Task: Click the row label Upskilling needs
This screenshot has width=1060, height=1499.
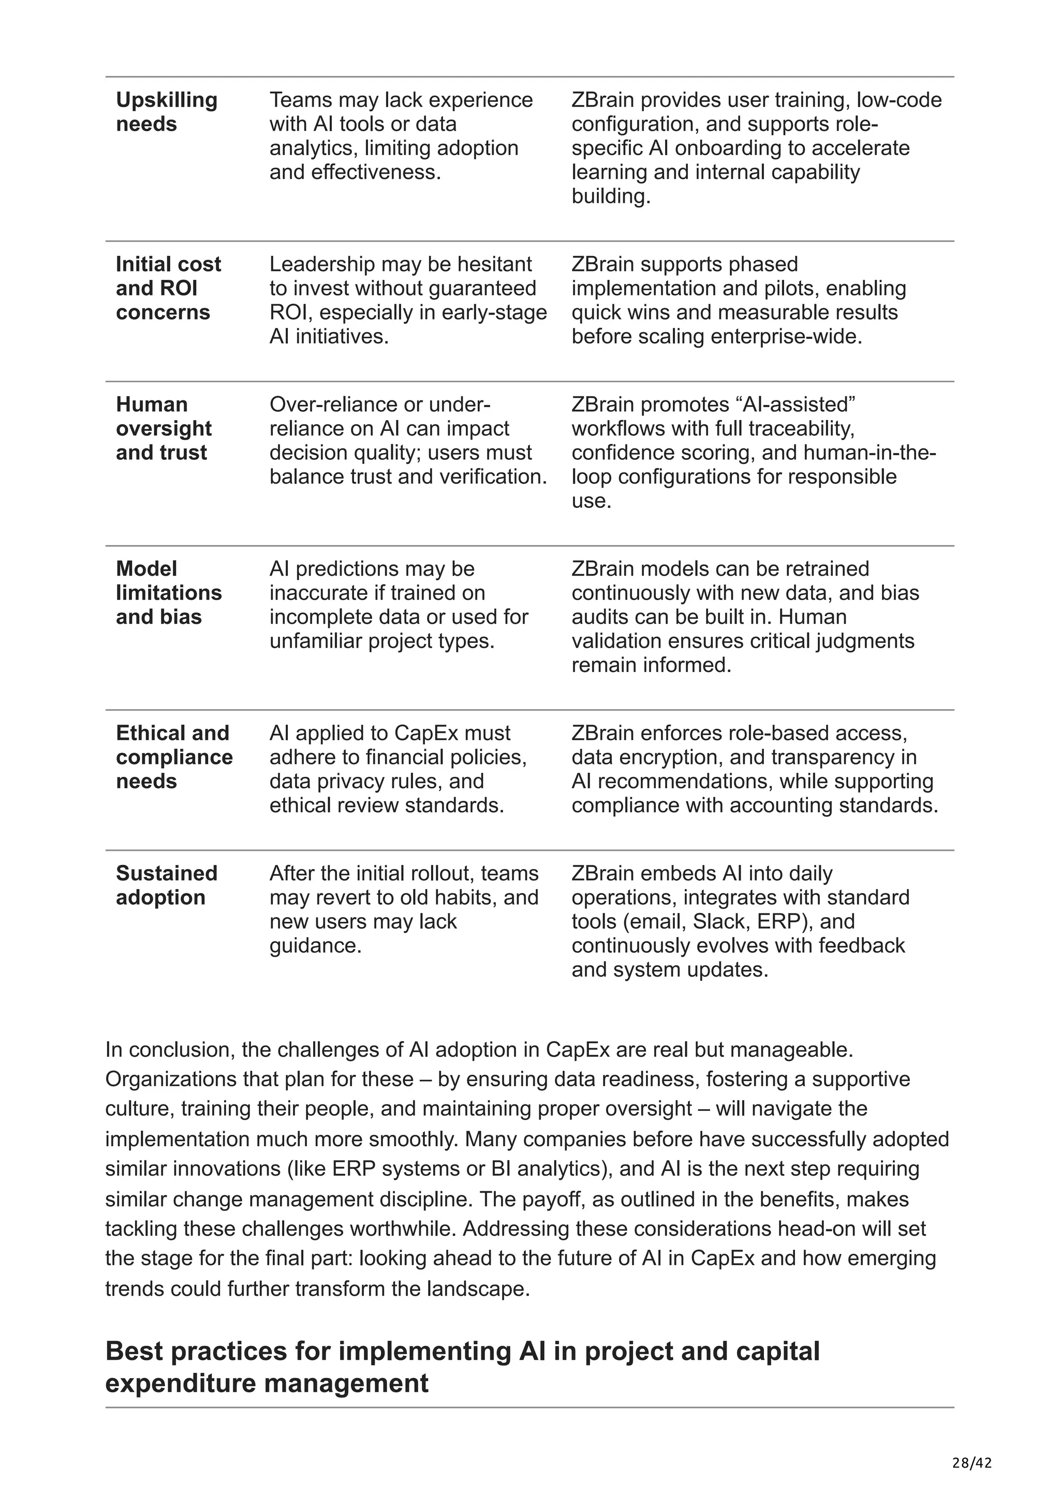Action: (x=167, y=112)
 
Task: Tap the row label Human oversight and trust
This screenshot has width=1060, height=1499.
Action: (x=163, y=428)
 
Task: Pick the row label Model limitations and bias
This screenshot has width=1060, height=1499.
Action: (x=169, y=593)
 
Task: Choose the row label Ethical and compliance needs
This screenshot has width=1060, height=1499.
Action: (x=174, y=757)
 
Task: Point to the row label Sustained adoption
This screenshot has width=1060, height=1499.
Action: (x=166, y=886)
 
